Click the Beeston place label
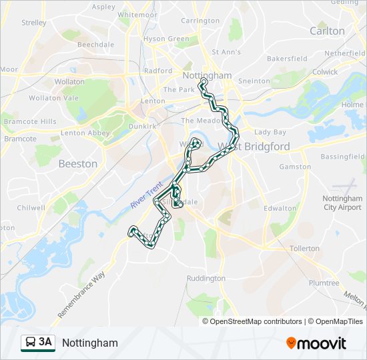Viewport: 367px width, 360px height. (77, 163)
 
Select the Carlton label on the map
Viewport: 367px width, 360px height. (327, 31)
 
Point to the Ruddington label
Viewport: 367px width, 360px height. (206, 278)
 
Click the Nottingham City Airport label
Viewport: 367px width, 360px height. (342, 203)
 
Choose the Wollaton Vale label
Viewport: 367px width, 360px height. (55, 98)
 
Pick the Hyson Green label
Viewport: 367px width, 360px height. (167, 39)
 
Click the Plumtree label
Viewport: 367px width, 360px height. (324, 283)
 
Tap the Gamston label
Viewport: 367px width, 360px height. (295, 167)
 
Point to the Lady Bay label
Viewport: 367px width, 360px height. (270, 132)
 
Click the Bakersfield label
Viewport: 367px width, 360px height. (287, 59)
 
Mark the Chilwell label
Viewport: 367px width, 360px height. (31, 207)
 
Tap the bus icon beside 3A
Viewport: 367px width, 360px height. (30, 343)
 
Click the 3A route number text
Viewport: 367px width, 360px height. (45, 343)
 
